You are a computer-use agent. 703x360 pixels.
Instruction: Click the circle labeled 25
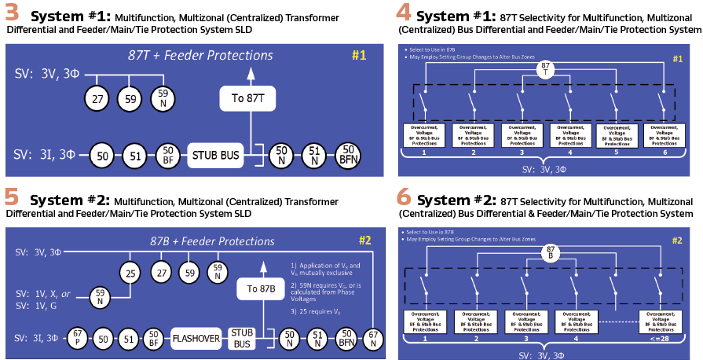click(x=129, y=273)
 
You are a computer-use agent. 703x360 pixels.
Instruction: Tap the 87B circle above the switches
click(x=552, y=252)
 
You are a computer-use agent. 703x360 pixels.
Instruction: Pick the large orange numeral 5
click(x=13, y=196)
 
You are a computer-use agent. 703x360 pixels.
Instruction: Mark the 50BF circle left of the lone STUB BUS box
click(x=167, y=153)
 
